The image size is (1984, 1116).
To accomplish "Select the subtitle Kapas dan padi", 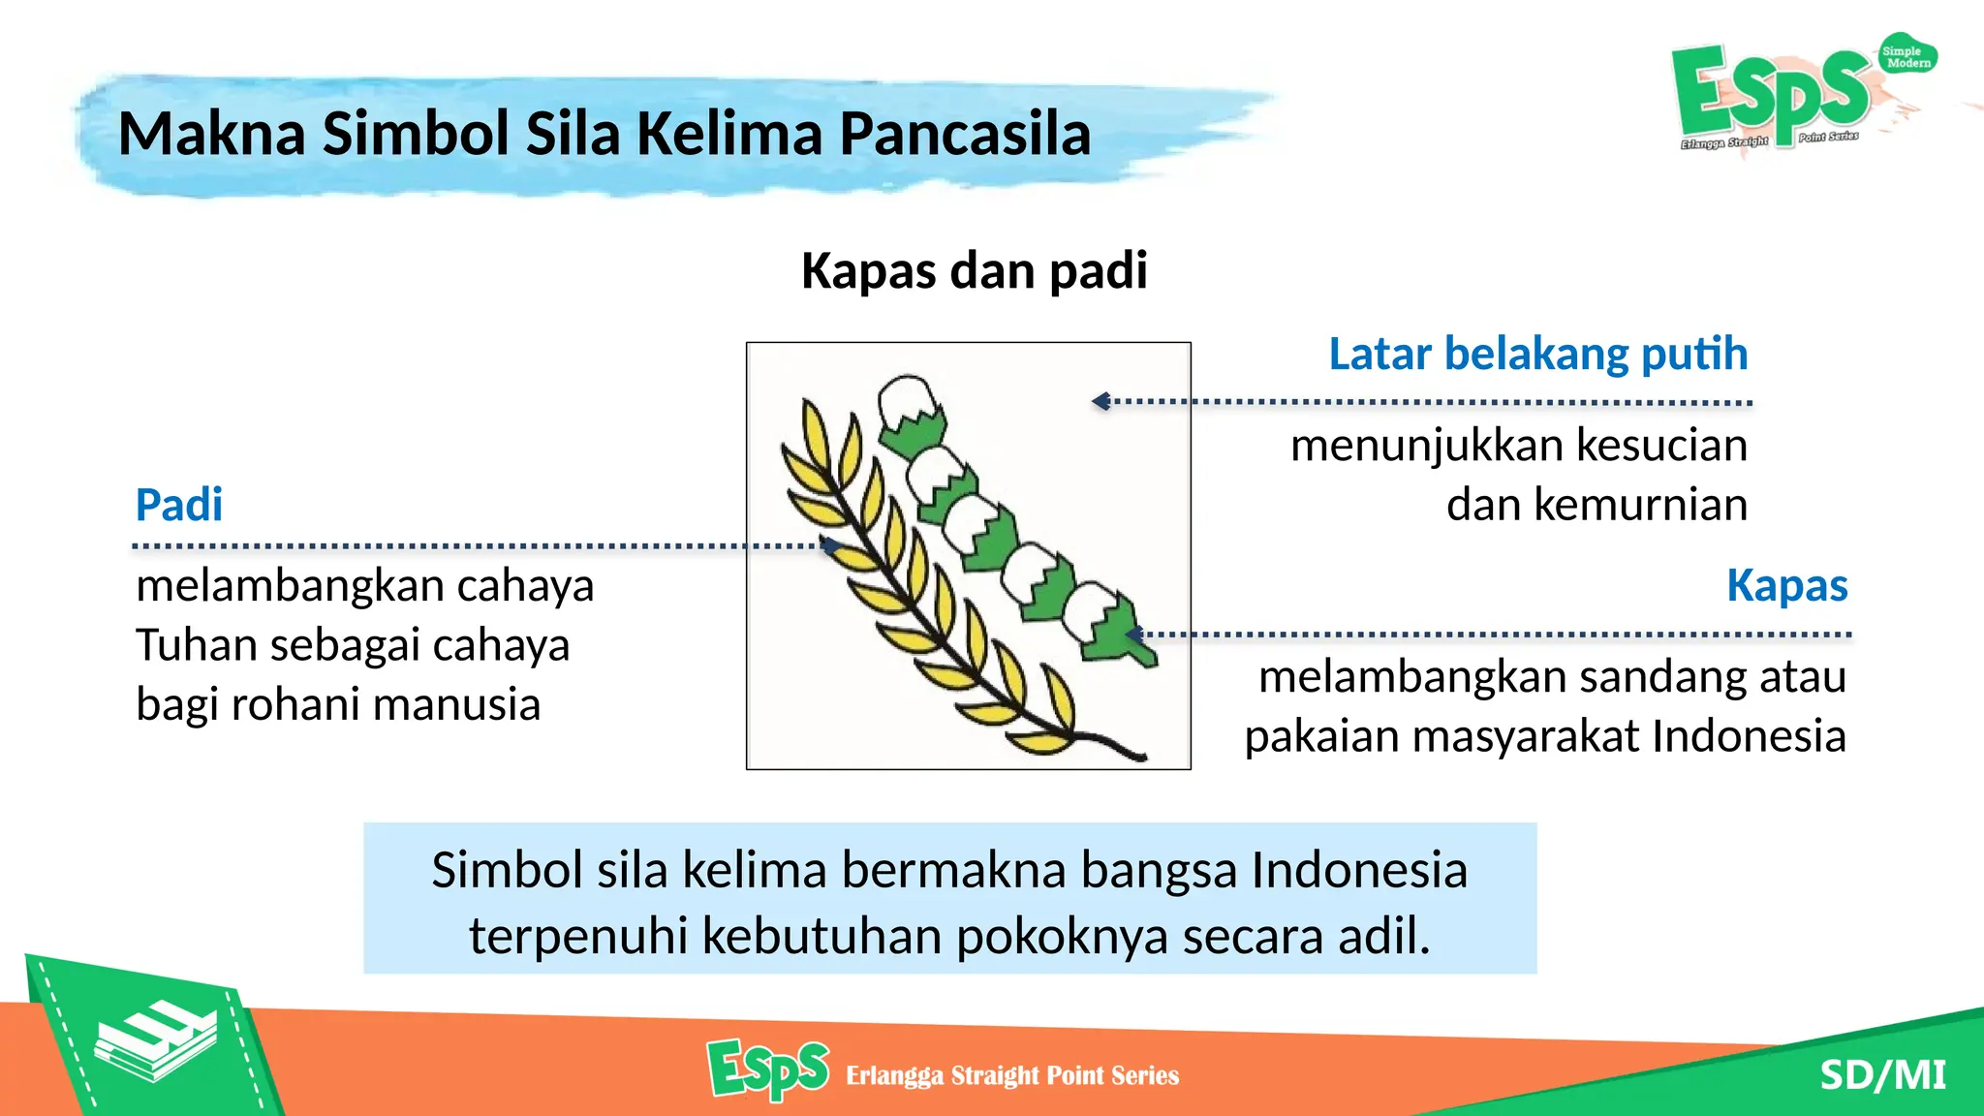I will tap(974, 270).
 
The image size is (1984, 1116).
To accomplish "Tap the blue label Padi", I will tap(179, 505).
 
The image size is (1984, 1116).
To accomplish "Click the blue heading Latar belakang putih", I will tap(1537, 354).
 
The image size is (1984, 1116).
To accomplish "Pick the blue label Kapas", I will tap(1786, 585).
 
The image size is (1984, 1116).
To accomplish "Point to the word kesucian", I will tap(1661, 446).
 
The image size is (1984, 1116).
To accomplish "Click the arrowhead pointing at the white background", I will tap(1100, 401).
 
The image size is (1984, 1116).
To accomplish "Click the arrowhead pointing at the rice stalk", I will tap(829, 545).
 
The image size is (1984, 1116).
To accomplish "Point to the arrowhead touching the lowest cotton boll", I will tap(1133, 635).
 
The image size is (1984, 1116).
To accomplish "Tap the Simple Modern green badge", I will tap(1906, 56).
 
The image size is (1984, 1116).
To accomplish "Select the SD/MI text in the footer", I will tap(1882, 1074).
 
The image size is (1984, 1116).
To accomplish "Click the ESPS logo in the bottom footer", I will tap(767, 1069).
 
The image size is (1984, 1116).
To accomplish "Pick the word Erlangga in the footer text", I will tap(893, 1075).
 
